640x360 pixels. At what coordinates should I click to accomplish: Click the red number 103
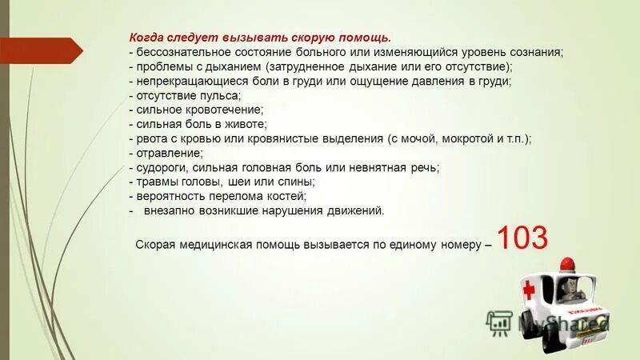522,239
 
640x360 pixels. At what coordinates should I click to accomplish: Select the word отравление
168,153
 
